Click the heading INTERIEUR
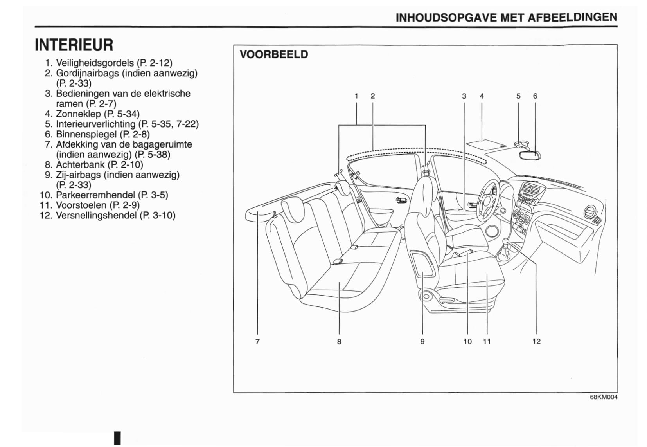[74, 45]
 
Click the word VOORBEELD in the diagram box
[274, 54]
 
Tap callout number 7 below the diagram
[257, 341]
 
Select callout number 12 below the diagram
[536, 341]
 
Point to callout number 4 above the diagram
[482, 96]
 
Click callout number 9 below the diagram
[422, 341]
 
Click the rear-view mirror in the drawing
[530, 155]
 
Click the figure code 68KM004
[604, 397]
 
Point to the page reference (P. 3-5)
[153, 195]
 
